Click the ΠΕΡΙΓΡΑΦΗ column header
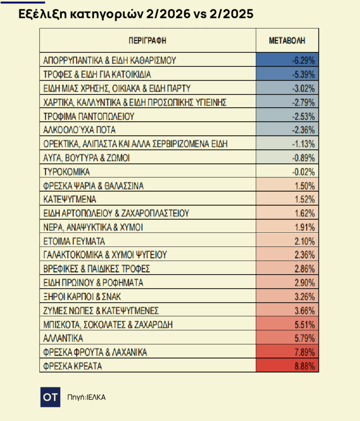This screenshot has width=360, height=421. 147,41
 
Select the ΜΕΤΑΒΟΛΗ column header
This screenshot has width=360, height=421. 287,41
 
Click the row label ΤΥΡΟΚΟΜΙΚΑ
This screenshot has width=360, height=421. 66,172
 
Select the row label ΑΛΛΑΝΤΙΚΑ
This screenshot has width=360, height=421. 63,338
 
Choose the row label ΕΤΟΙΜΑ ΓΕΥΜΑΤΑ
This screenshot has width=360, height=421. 74,241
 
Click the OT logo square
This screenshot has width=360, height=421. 50,397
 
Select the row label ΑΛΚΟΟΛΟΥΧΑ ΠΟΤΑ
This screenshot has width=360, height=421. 79,130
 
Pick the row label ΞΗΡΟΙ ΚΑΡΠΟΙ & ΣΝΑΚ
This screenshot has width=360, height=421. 83,297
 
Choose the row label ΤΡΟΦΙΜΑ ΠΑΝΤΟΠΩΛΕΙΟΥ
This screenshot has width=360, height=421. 89,116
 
